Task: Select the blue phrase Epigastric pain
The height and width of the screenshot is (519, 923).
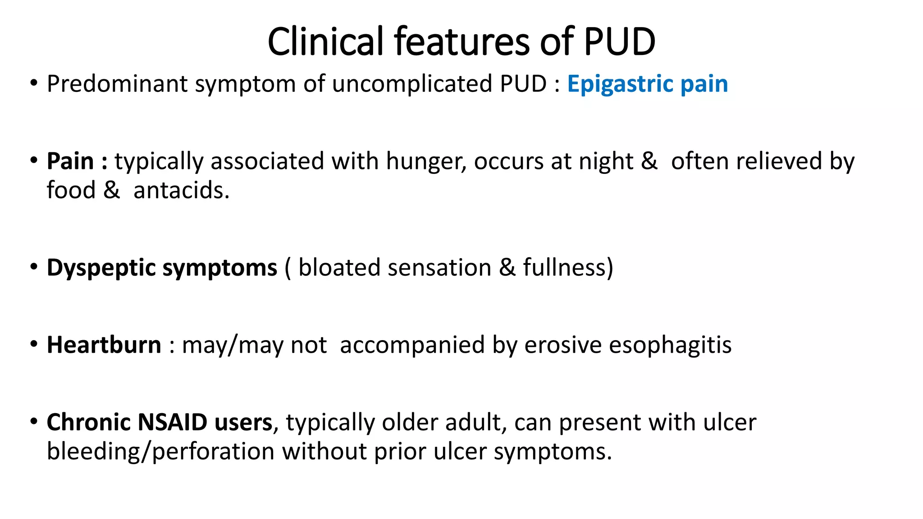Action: pyautogui.click(x=647, y=84)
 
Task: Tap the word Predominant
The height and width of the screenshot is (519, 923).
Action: pyautogui.click(x=117, y=84)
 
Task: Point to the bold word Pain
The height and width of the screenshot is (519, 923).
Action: pyautogui.click(x=70, y=161)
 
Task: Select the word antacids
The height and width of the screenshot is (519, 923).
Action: pyautogui.click(x=181, y=190)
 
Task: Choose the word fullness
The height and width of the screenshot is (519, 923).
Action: pyautogui.click(x=567, y=268)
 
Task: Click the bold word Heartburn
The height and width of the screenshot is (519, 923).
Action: pyautogui.click(x=104, y=345)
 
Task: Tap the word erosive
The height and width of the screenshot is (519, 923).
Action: pyautogui.click(x=563, y=346)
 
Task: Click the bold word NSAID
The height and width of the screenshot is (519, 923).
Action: pyautogui.click(x=172, y=423)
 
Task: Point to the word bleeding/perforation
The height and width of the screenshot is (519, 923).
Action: pyautogui.click(x=160, y=451)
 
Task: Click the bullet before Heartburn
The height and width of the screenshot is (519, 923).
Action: pyautogui.click(x=34, y=344)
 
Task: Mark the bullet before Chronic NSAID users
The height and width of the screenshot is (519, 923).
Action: pyautogui.click(x=34, y=422)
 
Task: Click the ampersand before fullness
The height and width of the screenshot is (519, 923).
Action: pyautogui.click(x=507, y=268)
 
